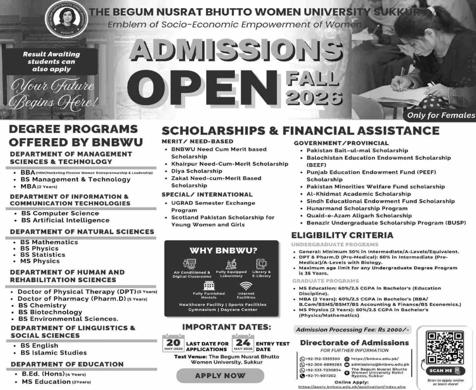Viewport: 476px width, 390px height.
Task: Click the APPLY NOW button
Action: (x=220, y=375)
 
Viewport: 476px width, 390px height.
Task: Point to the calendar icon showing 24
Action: (x=243, y=343)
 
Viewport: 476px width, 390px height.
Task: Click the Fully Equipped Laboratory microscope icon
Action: (x=231, y=264)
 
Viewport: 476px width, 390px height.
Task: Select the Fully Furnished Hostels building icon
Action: (x=209, y=286)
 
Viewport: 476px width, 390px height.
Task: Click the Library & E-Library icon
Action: (x=261, y=264)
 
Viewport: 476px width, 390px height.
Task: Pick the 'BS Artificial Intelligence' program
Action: (x=65, y=220)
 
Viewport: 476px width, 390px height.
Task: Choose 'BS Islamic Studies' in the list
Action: (x=54, y=352)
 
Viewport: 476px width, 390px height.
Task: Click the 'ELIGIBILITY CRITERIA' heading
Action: (x=342, y=235)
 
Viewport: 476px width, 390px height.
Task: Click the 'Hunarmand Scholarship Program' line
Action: (x=351, y=208)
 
